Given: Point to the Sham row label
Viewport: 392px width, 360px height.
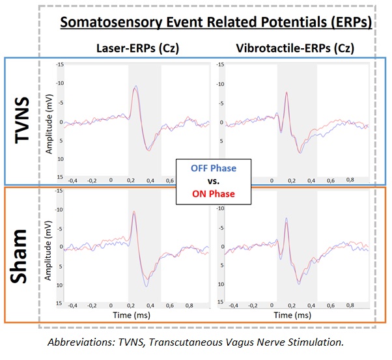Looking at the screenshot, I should tap(22, 256).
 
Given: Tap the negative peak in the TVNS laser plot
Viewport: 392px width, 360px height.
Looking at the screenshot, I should tap(135, 86).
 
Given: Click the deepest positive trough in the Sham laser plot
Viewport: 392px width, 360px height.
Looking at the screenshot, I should tap(147, 286).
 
